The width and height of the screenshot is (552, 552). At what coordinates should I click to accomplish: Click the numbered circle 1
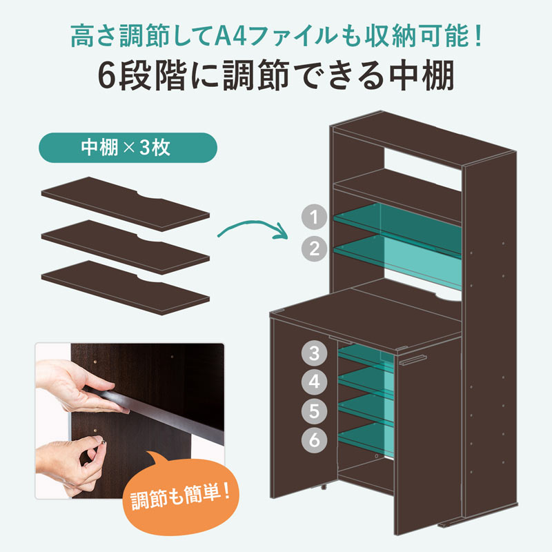(314, 217)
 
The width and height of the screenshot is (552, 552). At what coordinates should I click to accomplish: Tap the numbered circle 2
(314, 248)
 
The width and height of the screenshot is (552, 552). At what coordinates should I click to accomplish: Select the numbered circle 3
(314, 355)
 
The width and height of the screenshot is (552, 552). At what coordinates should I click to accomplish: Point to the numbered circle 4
(314, 382)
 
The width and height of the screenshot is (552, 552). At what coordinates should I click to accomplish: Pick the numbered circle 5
(314, 411)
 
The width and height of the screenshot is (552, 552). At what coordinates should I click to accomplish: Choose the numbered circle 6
(314, 440)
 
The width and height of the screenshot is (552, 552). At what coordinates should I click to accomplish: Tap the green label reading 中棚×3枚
(129, 148)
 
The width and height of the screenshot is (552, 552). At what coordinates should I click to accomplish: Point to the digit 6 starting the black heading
(108, 78)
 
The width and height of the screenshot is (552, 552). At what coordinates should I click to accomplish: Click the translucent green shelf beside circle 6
(366, 438)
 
